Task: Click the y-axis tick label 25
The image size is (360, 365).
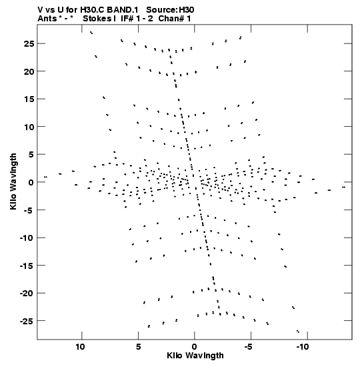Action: tap(29, 44)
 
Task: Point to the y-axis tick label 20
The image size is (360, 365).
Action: tap(29, 71)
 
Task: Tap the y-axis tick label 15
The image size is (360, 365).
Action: tap(29, 99)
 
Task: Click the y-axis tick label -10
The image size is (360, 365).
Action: tap(27, 238)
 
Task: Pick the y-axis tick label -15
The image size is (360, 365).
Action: tap(27, 266)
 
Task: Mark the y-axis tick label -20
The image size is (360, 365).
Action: tap(27, 294)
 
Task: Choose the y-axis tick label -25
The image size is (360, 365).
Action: tap(27, 321)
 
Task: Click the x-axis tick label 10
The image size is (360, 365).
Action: tap(80, 347)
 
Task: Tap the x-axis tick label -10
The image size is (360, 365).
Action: tap(302, 347)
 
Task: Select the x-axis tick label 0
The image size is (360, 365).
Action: tap(195, 347)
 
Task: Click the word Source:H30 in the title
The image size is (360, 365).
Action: tap(170, 10)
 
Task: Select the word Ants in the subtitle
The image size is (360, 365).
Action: tap(47, 19)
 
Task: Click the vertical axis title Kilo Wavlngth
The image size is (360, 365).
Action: tap(13, 181)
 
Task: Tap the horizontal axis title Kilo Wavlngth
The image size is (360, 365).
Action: tap(195, 356)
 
